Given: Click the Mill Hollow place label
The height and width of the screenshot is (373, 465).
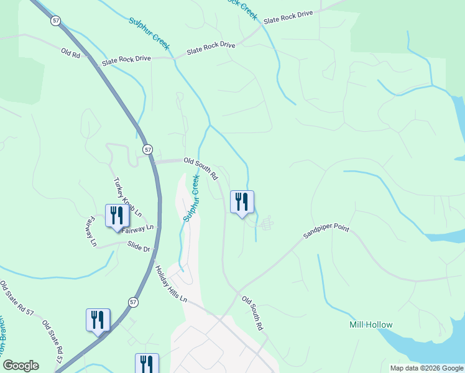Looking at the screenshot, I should (x=371, y=325).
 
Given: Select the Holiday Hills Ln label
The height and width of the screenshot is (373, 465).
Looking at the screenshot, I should (x=170, y=283).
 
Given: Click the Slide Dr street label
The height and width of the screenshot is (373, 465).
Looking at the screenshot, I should (x=139, y=246).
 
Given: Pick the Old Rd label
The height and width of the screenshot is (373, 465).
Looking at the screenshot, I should (x=71, y=54).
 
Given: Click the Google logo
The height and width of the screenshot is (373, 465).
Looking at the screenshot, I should (x=21, y=366).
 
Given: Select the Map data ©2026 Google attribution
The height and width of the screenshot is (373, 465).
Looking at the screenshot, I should (x=426, y=368).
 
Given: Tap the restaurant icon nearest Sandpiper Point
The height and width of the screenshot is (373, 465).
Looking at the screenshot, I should (x=242, y=203).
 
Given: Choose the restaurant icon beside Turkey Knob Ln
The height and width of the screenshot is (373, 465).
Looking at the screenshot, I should (x=117, y=216).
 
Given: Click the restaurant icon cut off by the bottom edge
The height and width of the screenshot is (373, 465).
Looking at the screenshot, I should (x=147, y=363).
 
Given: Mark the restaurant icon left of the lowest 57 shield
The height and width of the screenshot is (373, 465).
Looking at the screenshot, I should (x=98, y=321).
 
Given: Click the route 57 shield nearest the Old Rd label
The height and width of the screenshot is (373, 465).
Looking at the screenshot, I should (x=57, y=21).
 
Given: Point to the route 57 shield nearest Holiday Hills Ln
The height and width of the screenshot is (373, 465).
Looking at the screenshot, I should (x=133, y=302).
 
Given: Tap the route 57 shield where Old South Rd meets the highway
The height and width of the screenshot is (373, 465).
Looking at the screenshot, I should (x=147, y=150).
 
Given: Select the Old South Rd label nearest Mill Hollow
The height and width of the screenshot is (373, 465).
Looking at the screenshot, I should (x=253, y=313).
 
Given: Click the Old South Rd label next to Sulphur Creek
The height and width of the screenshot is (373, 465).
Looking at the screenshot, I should (x=201, y=168).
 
